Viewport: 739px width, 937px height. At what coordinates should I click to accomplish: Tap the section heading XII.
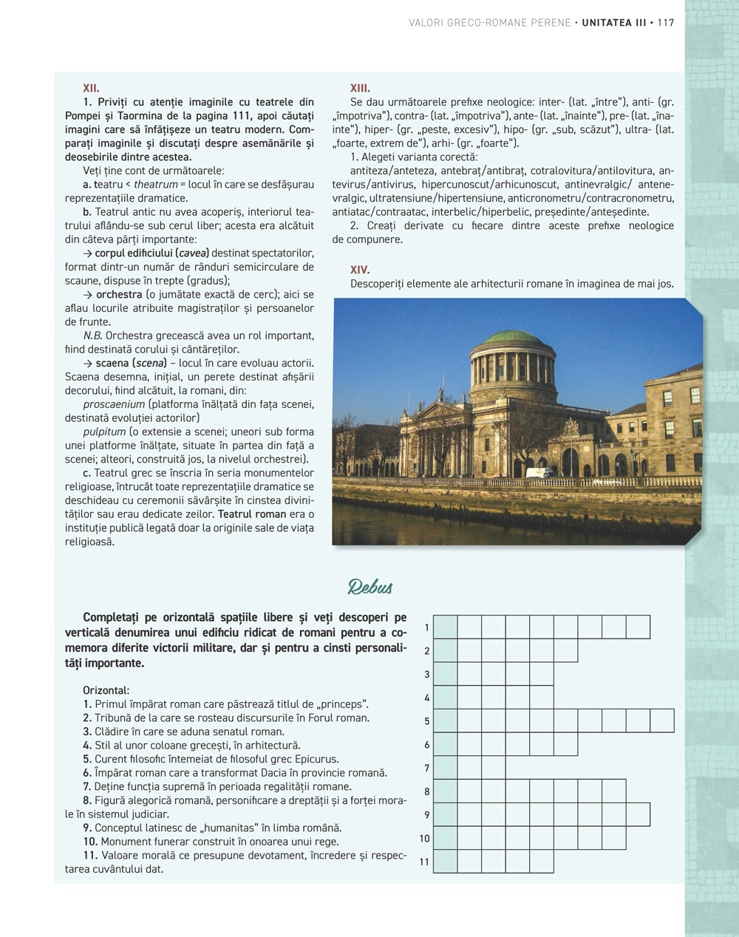(x=91, y=88)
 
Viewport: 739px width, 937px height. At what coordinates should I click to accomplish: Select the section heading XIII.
(x=360, y=88)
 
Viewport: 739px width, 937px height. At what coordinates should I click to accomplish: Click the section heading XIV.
(x=360, y=270)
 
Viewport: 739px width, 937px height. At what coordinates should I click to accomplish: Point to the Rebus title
(x=370, y=587)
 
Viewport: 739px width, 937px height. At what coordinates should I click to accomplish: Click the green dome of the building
(x=512, y=337)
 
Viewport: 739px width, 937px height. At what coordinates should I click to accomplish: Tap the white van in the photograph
(x=542, y=471)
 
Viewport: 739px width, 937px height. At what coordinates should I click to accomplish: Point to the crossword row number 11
(x=424, y=862)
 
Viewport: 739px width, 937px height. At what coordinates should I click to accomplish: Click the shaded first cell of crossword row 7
(x=445, y=768)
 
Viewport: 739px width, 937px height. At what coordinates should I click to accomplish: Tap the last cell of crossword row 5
(x=662, y=720)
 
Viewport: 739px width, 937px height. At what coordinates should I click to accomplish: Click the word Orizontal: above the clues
(x=106, y=690)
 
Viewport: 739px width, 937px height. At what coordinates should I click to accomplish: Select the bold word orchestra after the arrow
(x=118, y=294)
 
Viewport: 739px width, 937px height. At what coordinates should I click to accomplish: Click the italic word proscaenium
(x=114, y=404)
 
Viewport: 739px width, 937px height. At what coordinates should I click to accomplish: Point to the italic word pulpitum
(x=104, y=432)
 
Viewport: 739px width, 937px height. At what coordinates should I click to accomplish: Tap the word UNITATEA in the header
(x=607, y=23)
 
